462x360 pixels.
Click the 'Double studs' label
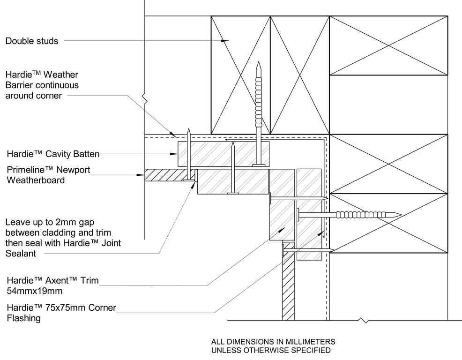pyautogui.click(x=32, y=41)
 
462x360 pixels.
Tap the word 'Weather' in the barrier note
pyautogui.click(x=61, y=75)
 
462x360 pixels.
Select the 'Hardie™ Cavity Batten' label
pyautogui.click(x=52, y=154)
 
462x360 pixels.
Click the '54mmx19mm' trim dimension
pyautogui.click(x=35, y=291)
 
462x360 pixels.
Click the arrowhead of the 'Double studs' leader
pyautogui.click(x=226, y=41)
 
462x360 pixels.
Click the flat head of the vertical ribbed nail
pyautogui.click(x=258, y=165)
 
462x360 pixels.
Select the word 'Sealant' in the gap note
pyautogui.click(x=21, y=253)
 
